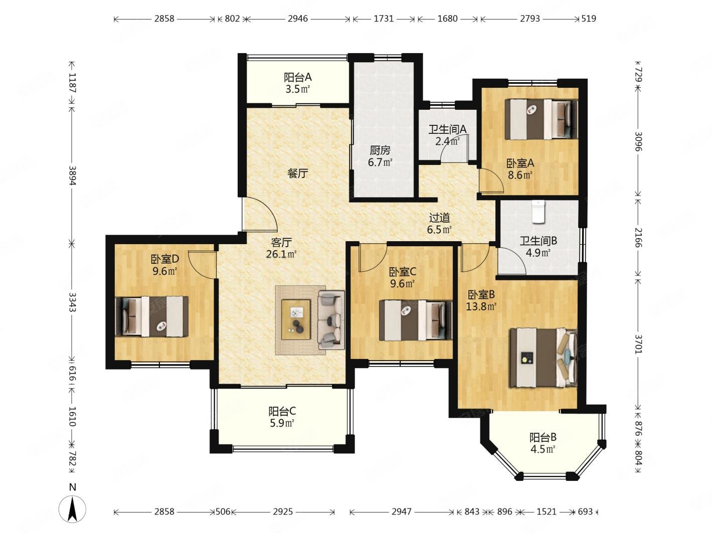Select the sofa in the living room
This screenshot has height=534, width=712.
tap(331, 320)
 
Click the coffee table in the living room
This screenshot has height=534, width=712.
tap(295, 320)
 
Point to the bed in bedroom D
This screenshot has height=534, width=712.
tap(152, 316)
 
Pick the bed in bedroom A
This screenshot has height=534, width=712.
tap(541, 119)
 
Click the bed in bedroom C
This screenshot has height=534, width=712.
tap(416, 320)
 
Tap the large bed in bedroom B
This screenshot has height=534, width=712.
tap(544, 358)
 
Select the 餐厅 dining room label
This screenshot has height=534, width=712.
tap(297, 174)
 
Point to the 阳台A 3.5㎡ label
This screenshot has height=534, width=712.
tap(297, 83)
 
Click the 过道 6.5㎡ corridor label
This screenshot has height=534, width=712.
tap(439, 223)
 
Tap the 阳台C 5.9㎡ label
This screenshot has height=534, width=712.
tap(282, 417)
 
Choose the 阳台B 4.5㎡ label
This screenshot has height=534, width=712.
tap(543, 443)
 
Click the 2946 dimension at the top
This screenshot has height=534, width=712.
tap(297, 19)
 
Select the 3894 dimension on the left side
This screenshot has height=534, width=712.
tap(72, 175)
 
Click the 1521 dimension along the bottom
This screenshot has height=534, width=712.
tap(546, 511)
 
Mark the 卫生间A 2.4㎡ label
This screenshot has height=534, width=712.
tap(447, 135)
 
